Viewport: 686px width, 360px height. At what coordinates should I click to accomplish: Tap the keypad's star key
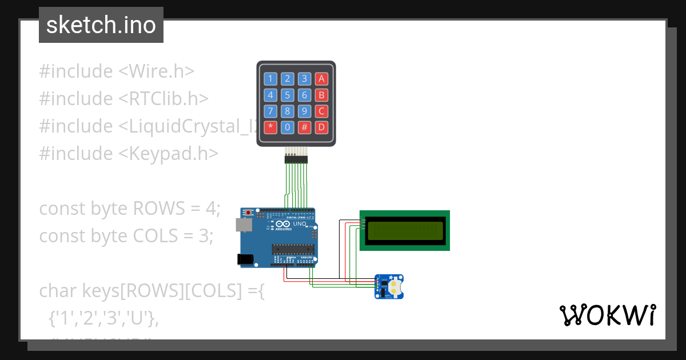pyautogui.click(x=270, y=126)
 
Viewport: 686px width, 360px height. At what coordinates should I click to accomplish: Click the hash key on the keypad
pyautogui.click(x=305, y=126)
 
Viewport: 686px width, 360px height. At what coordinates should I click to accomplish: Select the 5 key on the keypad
pyautogui.click(x=288, y=95)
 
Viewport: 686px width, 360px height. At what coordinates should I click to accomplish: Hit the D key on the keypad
pyautogui.click(x=322, y=126)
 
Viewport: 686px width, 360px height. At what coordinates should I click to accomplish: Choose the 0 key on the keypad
pyautogui.click(x=288, y=126)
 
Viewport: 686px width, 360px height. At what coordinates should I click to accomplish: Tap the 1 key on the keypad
pyautogui.click(x=270, y=79)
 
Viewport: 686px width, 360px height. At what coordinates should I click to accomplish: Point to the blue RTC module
pyautogui.click(x=389, y=286)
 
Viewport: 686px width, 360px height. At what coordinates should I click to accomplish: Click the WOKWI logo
pyautogui.click(x=607, y=315)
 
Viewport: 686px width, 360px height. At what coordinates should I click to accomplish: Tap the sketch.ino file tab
pyautogui.click(x=101, y=25)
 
